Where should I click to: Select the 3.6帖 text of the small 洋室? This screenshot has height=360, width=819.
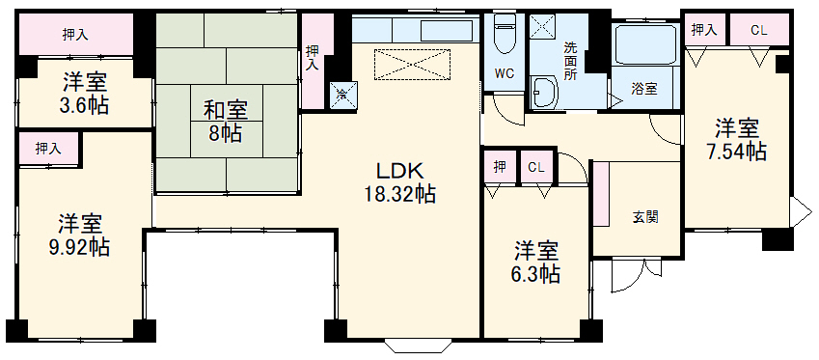click(x=84, y=105)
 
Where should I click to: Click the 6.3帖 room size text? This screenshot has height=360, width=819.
click(x=536, y=274)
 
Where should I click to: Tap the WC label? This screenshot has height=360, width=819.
click(x=505, y=73)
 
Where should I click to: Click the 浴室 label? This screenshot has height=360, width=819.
click(x=644, y=88)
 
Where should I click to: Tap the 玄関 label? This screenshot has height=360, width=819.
click(x=645, y=217)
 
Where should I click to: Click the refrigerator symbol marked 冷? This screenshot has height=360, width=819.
click(x=341, y=94)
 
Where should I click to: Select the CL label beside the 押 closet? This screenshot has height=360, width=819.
click(x=536, y=168)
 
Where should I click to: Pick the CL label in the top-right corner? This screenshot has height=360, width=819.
click(x=758, y=30)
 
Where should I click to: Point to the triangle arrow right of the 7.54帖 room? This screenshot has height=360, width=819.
click(x=799, y=211)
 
